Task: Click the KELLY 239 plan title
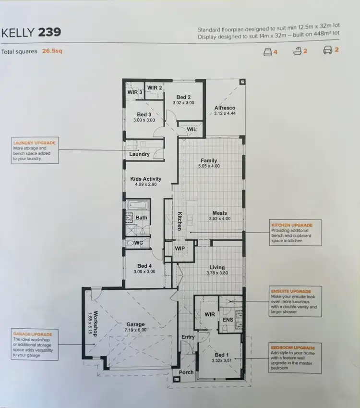(x=31, y=33)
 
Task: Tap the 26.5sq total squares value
(x=52, y=51)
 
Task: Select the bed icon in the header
(x=267, y=51)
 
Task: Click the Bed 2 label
(x=183, y=97)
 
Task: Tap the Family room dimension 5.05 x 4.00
(x=208, y=166)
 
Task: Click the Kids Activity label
(x=146, y=179)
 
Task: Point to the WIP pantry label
(x=180, y=248)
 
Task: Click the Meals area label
(x=220, y=213)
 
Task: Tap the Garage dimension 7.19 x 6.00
(x=136, y=330)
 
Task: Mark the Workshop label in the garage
(x=96, y=323)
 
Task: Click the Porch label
(x=186, y=372)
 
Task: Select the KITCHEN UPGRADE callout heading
(x=292, y=225)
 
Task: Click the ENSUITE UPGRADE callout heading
(x=291, y=291)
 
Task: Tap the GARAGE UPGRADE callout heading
(x=33, y=334)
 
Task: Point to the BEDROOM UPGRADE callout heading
(x=292, y=347)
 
